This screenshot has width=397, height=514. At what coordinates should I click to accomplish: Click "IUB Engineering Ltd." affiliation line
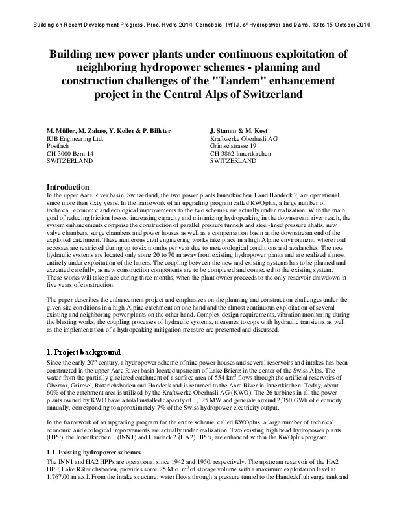click(x=77, y=138)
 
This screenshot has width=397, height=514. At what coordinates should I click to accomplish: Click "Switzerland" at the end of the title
click(x=268, y=94)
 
